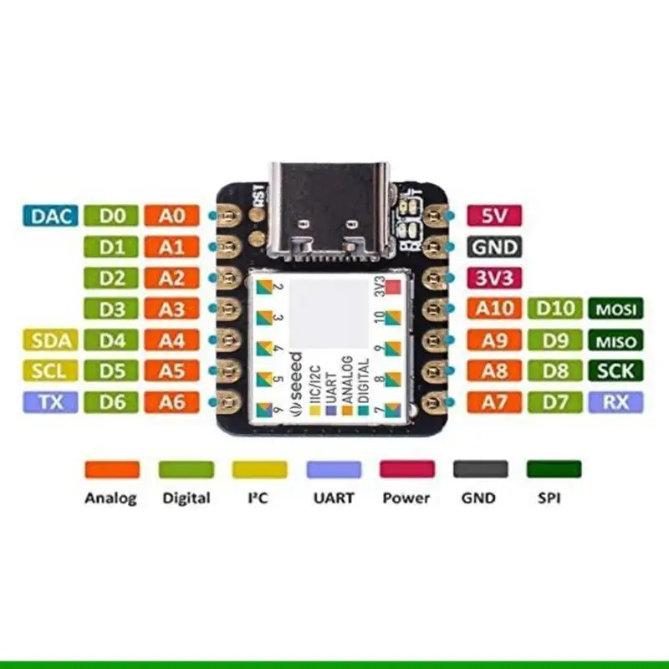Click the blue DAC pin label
tap(52, 216)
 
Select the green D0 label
tap(113, 216)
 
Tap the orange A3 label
tap(172, 309)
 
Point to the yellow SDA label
tap(52, 340)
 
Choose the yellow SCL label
tap(52, 370)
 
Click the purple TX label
tap(52, 402)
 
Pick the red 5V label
tap(493, 216)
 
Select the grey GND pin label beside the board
tap(493, 247)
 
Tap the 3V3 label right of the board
tap(493, 278)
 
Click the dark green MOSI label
tap(616, 309)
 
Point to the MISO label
tap(616, 340)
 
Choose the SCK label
tap(616, 371)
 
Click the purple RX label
tap(616, 402)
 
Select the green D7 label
tap(556, 402)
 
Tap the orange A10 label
tap(493, 309)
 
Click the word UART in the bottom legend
tap(334, 498)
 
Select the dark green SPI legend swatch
tap(554, 469)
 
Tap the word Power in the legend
tap(406, 498)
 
